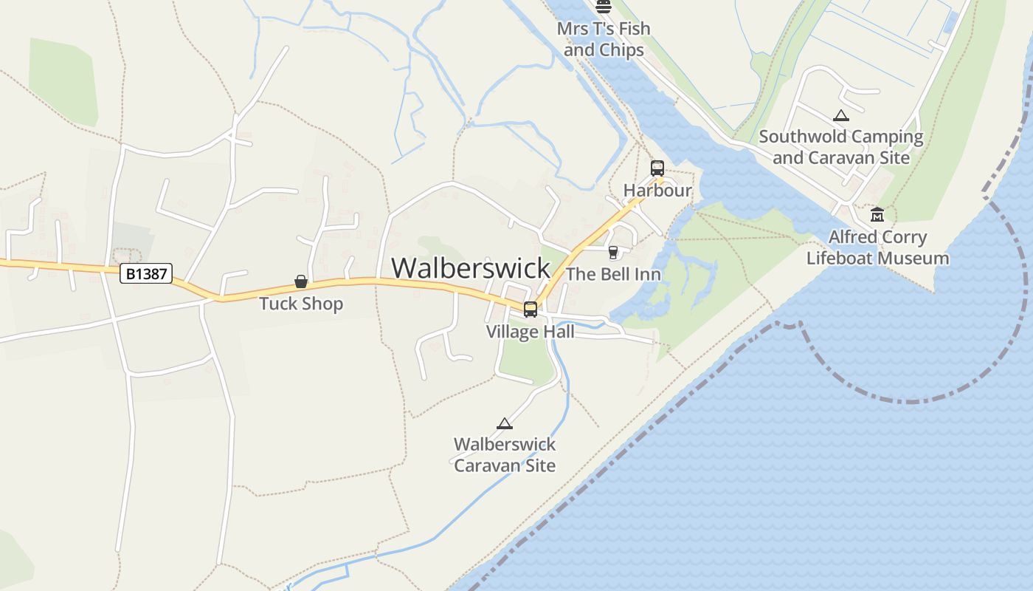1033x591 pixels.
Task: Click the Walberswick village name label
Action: click(471, 267)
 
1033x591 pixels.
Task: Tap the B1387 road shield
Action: click(146, 274)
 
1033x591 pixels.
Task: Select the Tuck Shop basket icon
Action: click(301, 281)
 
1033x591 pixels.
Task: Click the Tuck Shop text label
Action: click(301, 304)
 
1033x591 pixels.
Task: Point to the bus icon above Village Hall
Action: click(531, 310)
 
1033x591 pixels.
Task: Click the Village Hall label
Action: click(530, 332)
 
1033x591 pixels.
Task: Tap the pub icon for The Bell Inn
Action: click(612, 253)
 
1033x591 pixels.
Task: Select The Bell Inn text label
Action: click(613, 274)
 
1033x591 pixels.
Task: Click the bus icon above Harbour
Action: click(657, 168)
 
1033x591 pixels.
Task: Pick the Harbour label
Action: click(657, 190)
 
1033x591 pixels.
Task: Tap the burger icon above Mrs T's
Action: click(604, 7)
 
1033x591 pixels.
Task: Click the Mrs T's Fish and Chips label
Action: click(604, 39)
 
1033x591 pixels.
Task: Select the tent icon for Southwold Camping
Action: click(840, 115)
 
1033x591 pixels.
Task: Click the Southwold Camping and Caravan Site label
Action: click(841, 147)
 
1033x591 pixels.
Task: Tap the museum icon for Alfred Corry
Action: click(877, 215)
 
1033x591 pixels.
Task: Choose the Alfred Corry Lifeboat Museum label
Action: click(877, 247)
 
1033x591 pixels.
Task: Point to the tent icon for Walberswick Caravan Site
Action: click(505, 423)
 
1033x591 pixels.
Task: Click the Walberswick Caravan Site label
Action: click(505, 454)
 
